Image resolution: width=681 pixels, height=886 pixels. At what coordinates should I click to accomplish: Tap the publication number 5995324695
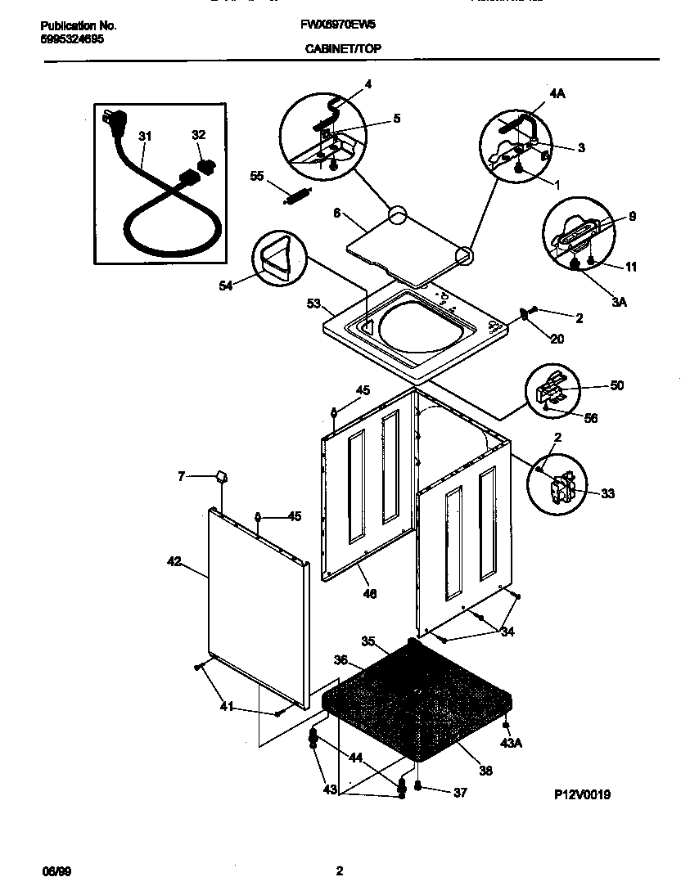[72, 38]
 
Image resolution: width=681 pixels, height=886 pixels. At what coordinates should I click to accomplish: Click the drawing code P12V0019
[582, 794]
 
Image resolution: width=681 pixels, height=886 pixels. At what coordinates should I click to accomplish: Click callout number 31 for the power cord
[145, 137]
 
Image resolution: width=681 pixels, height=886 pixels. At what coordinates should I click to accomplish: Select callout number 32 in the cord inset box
[198, 135]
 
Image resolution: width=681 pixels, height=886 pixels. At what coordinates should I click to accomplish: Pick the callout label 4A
[557, 94]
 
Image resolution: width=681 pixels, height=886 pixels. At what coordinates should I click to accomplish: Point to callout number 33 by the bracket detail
[607, 493]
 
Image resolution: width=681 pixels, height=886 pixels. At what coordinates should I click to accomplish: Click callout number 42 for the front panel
[174, 561]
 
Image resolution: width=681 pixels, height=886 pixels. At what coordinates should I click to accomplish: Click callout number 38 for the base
[485, 770]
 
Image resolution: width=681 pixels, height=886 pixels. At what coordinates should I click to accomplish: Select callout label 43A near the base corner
[511, 742]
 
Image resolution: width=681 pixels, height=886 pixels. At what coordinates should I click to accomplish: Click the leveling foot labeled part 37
[418, 788]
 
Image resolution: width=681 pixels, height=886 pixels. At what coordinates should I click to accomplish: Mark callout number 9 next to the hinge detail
[631, 217]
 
